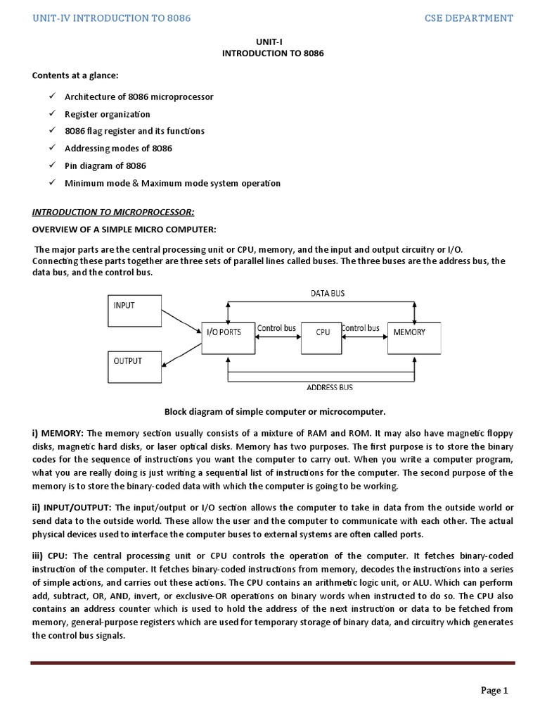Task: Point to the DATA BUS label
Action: tap(328, 294)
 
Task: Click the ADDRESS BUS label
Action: tap(330, 387)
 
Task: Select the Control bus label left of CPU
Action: tap(276, 328)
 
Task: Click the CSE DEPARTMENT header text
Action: tap(469, 18)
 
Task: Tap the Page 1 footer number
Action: tap(494, 691)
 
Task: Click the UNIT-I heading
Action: tap(270, 42)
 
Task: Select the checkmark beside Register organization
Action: tap(52, 114)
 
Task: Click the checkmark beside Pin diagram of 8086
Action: tap(52, 166)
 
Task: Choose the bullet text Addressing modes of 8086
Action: tap(118, 149)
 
